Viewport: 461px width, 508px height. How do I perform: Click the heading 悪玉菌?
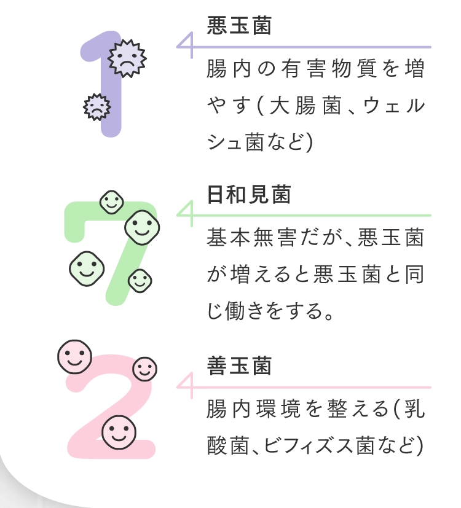point(239,25)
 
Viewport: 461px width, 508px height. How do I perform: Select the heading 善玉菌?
point(239,365)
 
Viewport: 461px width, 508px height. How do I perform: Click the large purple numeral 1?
point(101,84)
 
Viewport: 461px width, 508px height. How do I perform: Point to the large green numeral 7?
point(111,253)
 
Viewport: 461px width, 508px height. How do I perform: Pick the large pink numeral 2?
point(111,407)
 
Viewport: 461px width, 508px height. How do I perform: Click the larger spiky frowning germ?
point(127,58)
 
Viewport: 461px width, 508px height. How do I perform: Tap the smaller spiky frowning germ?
point(97,107)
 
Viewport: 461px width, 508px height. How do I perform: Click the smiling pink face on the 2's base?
point(119,432)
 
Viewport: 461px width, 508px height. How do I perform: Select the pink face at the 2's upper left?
point(74,357)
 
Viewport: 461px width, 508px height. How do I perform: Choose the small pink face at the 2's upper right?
point(144,369)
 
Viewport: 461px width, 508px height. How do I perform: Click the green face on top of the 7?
point(111,202)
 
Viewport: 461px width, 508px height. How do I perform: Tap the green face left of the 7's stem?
point(87,268)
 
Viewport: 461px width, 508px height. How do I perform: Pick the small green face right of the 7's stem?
point(140,281)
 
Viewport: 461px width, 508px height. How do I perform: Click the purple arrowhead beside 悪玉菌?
point(185,45)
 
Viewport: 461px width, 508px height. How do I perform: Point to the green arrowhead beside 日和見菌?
point(185,214)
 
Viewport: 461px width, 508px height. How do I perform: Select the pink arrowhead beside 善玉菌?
point(185,386)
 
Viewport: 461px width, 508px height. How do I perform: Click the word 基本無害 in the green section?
point(252,237)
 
